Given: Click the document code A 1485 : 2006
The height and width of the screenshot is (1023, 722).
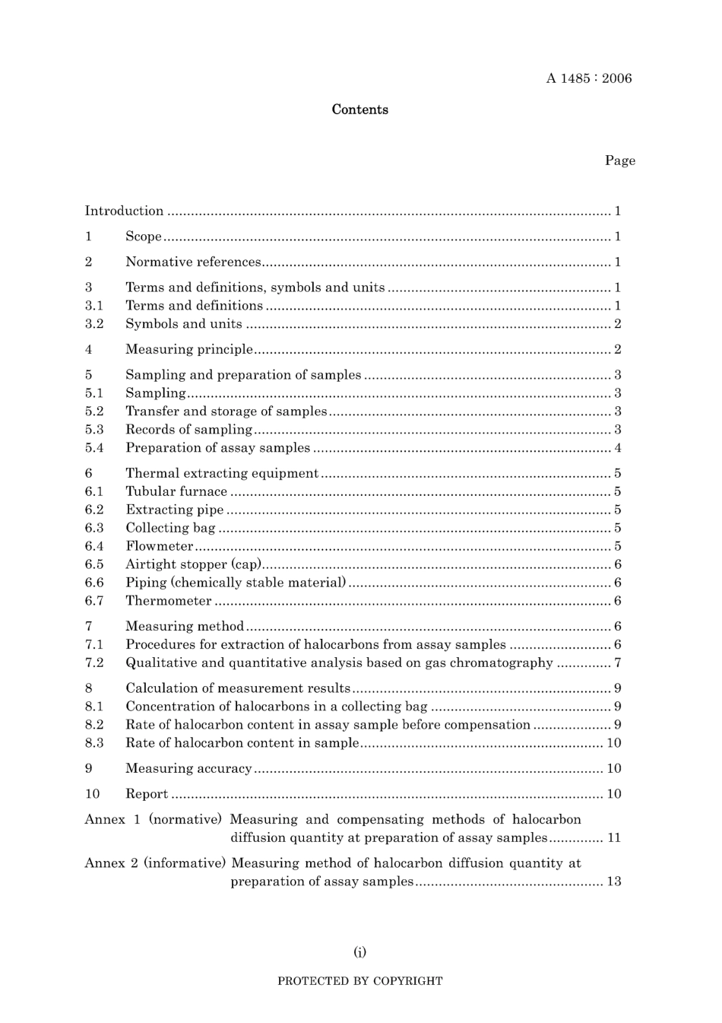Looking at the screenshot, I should click(588, 78).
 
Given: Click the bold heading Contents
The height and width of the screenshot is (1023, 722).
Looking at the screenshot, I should click(359, 110).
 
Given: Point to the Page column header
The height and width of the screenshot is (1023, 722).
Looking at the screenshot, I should click(619, 160).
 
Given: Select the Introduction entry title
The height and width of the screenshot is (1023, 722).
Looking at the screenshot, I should click(124, 211).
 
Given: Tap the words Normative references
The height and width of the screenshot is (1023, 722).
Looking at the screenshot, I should click(193, 262).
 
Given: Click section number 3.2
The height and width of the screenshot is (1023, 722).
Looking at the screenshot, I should click(94, 324).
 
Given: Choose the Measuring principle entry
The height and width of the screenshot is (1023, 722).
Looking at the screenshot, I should click(189, 350).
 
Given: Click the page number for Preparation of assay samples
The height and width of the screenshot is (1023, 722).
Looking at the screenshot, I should click(618, 448).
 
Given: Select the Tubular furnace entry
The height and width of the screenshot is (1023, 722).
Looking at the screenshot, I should click(176, 492).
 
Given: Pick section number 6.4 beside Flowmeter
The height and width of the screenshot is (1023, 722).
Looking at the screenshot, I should click(94, 546).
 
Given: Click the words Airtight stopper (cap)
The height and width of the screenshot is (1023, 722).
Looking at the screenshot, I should click(194, 564).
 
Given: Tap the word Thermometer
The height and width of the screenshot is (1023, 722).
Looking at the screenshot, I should click(169, 601).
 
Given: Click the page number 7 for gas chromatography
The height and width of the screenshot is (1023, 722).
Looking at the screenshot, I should click(618, 663).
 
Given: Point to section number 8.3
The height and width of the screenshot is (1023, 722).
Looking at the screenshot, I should click(94, 743).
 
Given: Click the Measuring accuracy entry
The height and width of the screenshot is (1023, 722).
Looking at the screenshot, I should click(188, 769).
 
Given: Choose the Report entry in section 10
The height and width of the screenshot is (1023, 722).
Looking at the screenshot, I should click(147, 794).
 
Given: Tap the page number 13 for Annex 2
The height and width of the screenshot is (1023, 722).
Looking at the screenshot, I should click(613, 882).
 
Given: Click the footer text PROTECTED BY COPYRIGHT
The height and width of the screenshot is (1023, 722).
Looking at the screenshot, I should click(359, 981).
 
